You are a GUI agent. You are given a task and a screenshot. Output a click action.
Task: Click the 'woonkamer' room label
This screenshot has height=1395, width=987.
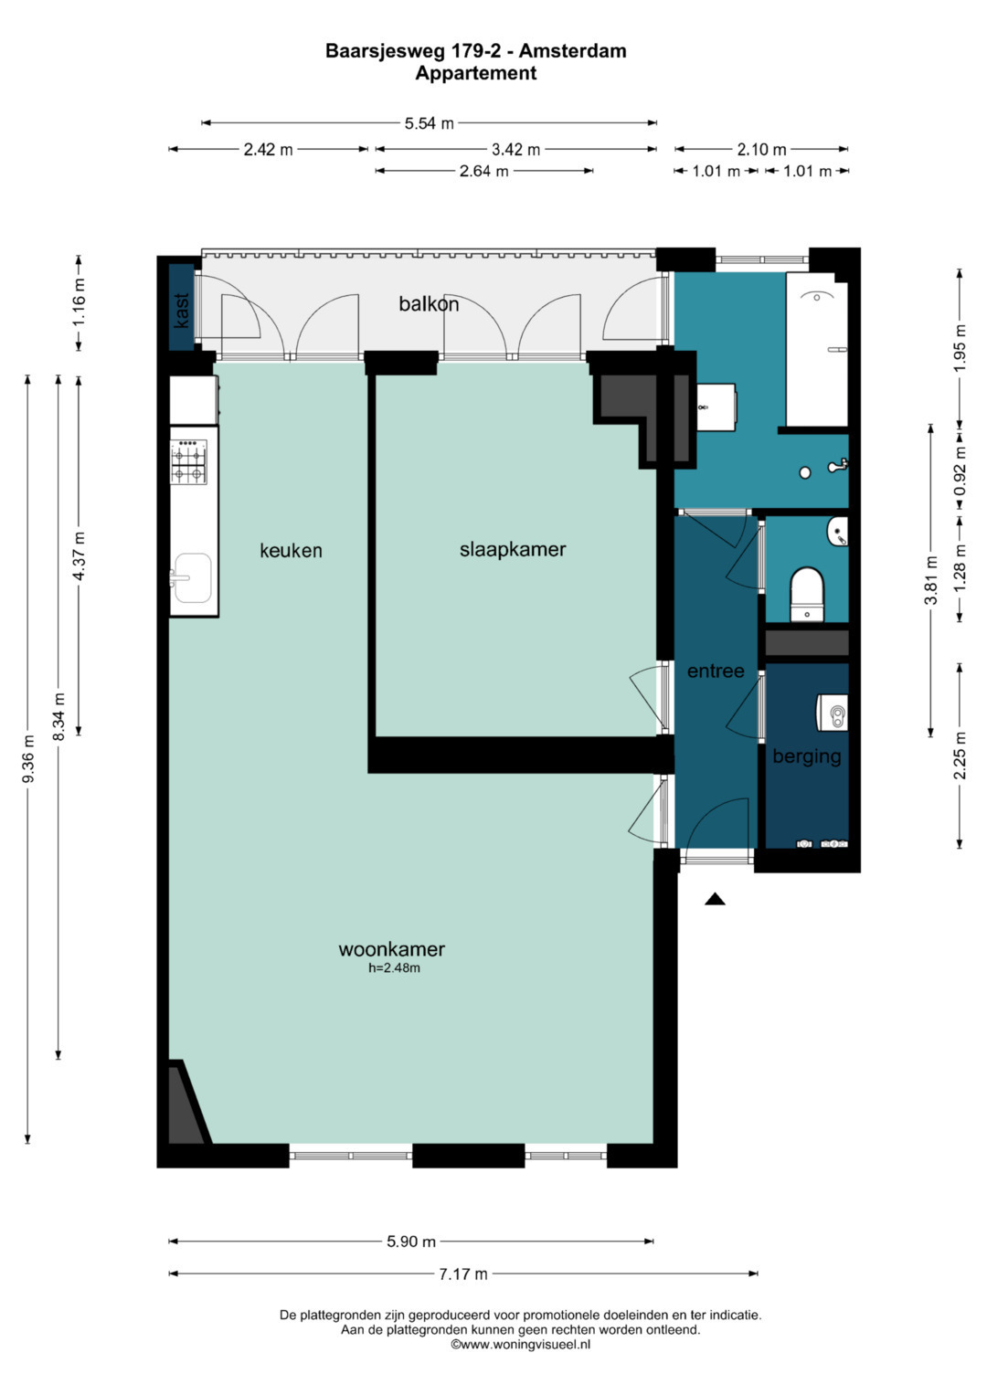(391, 949)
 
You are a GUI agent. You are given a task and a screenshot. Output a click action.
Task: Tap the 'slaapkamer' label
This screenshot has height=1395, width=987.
(513, 549)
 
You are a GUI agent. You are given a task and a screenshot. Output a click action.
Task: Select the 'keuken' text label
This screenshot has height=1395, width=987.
(291, 551)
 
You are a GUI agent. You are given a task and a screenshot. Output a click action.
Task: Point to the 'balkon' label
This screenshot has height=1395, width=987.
(429, 304)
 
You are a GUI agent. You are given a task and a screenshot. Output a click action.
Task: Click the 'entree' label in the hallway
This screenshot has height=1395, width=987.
(716, 671)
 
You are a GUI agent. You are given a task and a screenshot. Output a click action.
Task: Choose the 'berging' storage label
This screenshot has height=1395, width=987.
(806, 756)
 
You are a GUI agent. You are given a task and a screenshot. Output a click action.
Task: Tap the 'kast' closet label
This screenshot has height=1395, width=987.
(182, 310)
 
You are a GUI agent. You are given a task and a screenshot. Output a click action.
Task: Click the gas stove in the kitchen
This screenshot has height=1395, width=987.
(189, 461)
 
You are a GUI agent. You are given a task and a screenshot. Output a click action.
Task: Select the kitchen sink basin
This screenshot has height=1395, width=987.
(193, 578)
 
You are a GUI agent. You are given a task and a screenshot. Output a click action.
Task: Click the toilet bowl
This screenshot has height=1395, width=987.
(807, 594)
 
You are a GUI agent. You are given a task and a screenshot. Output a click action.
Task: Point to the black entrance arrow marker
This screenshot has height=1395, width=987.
(715, 898)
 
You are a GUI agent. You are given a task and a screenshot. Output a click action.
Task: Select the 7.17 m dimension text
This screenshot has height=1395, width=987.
(463, 1273)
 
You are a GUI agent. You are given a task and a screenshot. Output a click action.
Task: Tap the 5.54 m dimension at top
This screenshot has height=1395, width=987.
(430, 123)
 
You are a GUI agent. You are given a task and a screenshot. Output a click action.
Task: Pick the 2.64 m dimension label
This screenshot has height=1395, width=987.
(484, 171)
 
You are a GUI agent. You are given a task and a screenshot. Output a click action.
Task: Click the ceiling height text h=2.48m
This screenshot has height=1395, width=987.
(395, 967)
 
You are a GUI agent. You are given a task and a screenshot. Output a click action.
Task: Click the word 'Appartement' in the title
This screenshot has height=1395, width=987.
(476, 73)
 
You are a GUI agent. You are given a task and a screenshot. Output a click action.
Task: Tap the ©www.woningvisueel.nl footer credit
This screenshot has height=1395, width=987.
(521, 1344)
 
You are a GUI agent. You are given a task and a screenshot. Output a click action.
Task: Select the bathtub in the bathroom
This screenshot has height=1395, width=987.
(817, 349)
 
